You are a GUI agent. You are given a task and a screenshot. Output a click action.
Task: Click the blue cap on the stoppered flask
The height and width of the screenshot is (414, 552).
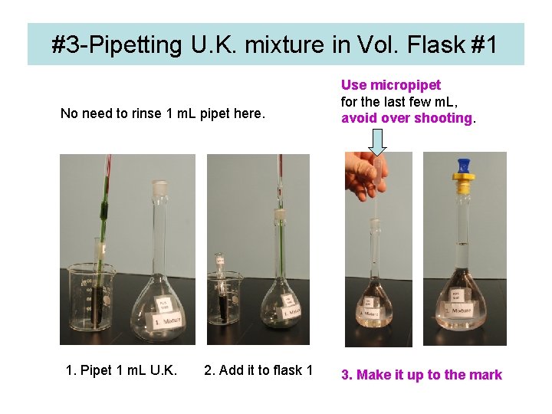pyautogui.click(x=463, y=166)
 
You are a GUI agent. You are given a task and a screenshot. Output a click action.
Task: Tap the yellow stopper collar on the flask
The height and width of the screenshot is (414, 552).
pyautogui.click(x=463, y=185)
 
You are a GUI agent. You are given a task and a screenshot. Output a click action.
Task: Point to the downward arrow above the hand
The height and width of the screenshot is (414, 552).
pyautogui.click(x=377, y=141)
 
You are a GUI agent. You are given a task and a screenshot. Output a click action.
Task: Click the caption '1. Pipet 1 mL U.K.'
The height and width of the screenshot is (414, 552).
pyautogui.click(x=122, y=371)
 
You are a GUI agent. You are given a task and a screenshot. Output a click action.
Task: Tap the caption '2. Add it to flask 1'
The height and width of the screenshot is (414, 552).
pyautogui.click(x=258, y=371)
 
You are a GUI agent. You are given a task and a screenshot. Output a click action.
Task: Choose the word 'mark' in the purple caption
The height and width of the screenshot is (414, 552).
pyautogui.click(x=485, y=375)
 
